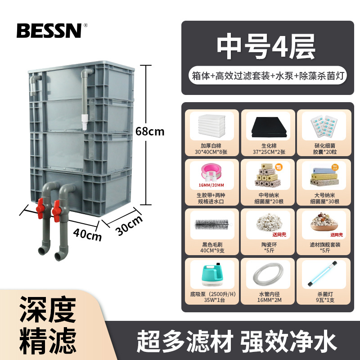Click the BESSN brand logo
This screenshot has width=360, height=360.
(49, 30)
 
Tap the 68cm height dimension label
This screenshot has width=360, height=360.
(150, 132)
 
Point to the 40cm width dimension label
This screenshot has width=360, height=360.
(88, 234)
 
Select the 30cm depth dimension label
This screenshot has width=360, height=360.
(129, 225)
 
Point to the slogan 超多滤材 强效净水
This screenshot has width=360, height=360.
(236, 341)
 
